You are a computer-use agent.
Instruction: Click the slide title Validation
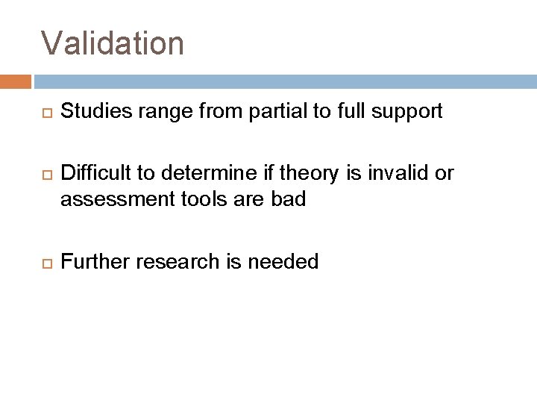(x=113, y=43)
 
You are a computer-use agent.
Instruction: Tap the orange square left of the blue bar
(x=15, y=81)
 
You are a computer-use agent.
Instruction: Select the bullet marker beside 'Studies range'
(x=45, y=113)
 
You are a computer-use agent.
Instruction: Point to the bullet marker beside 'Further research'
(x=45, y=262)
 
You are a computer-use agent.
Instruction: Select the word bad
(x=289, y=201)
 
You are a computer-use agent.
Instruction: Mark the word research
(x=172, y=261)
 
